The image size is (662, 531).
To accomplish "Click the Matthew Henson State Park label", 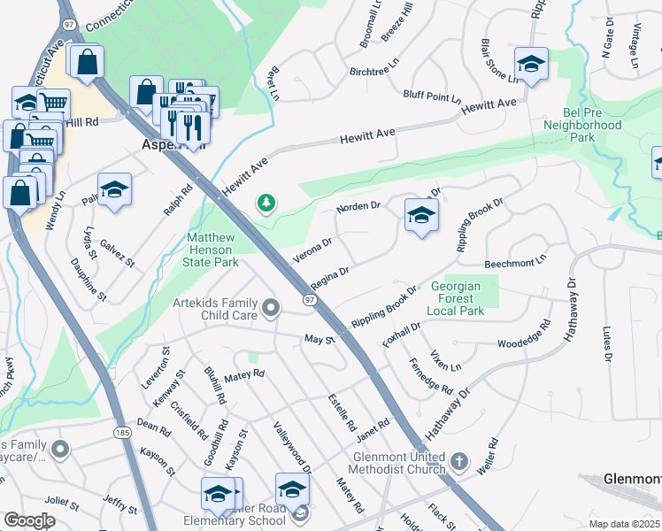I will pyautogui.click(x=212, y=250).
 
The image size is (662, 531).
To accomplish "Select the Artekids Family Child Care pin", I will pyautogui.click(x=271, y=307).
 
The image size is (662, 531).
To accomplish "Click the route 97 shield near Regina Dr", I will pyautogui.click(x=310, y=301).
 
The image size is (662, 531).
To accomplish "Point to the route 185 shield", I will pyautogui.click(x=122, y=432).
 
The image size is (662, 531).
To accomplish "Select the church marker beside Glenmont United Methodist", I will pyautogui.click(x=458, y=461).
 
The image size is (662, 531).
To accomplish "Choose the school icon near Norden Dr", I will pyautogui.click(x=421, y=214).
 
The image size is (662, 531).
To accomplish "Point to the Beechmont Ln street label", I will pyautogui.click(x=516, y=264).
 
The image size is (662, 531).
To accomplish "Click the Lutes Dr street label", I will pyautogui.click(x=607, y=342).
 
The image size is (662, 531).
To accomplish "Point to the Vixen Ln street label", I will pyautogui.click(x=445, y=360).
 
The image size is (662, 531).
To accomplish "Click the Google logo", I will pyautogui.click(x=29, y=520).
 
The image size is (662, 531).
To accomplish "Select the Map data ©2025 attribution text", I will pyautogui.click(x=624, y=524).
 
